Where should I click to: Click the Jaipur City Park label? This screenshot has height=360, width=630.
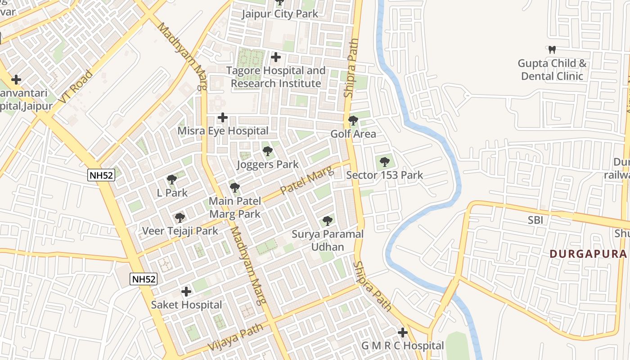[279, 14]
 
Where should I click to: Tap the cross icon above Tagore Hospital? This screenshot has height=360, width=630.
[276, 58]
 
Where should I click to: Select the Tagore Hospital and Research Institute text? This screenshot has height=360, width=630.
[276, 77]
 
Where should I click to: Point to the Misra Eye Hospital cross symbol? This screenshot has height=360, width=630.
[222, 118]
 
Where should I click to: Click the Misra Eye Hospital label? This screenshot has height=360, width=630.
[223, 131]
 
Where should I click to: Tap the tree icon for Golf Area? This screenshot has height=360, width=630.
[353, 121]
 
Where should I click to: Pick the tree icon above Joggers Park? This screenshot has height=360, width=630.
[268, 151]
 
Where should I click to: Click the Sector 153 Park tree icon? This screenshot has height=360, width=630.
[384, 162]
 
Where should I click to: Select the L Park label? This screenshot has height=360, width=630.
[172, 193]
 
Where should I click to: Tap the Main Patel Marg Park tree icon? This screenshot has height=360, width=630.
[234, 188]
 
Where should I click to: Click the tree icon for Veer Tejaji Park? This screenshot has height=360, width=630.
[180, 218]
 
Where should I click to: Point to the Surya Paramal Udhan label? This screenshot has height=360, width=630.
[327, 240]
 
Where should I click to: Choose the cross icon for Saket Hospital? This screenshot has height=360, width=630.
[186, 292]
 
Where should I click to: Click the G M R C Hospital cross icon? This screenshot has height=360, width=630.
[403, 333]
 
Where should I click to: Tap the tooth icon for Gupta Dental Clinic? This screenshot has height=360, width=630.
[553, 49]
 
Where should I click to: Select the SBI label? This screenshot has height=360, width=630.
[535, 220]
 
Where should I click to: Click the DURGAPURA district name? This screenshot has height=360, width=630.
[588, 254]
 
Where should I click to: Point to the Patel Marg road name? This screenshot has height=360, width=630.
[307, 180]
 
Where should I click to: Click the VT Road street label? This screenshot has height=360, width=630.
[75, 86]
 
